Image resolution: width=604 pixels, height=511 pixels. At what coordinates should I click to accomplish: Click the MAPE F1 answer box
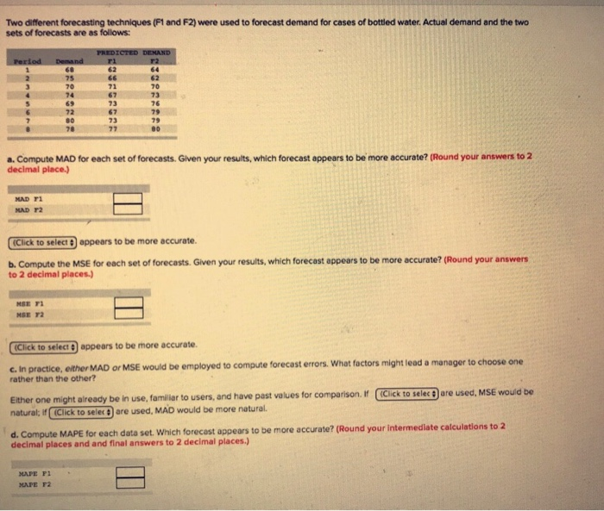pos(129,471)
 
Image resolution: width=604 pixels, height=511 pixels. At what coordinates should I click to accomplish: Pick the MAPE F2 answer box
pos(129,483)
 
